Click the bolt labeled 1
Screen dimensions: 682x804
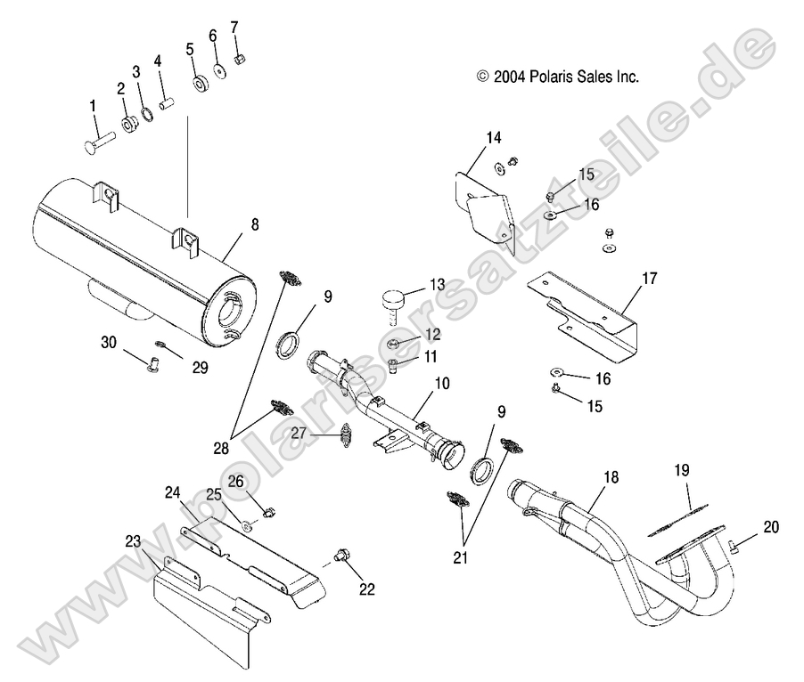(101, 139)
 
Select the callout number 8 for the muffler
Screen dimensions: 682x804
(254, 224)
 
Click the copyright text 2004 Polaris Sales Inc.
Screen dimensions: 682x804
(558, 77)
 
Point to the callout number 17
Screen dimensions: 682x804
(649, 279)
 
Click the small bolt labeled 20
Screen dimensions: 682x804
(732, 546)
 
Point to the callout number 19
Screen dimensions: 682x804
(681, 469)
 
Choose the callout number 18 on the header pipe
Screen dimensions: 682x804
(610, 478)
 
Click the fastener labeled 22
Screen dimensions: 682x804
(341, 556)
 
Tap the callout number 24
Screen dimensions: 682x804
(172, 491)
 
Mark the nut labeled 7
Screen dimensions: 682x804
(240, 60)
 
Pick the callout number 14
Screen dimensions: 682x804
(493, 137)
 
